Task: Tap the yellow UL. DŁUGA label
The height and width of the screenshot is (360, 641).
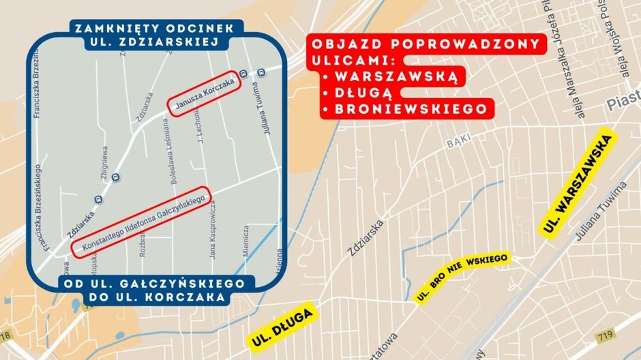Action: pyautogui.click(x=282, y=326)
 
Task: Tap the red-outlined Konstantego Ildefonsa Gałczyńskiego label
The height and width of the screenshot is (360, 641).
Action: pyautogui.click(x=143, y=222)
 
